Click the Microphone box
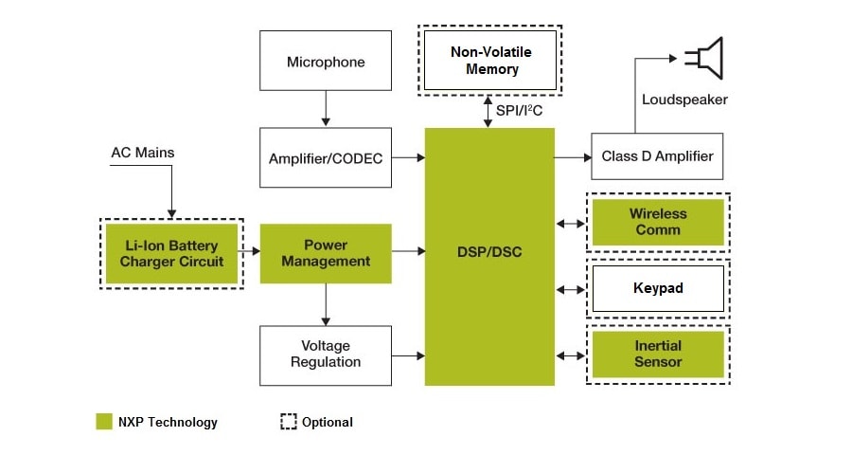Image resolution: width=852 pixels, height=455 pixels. coord(326,62)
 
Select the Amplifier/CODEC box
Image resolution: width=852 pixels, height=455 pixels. coord(326,158)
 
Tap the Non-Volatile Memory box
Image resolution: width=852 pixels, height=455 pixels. coord(491,61)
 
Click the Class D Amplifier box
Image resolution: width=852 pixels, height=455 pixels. coord(657,156)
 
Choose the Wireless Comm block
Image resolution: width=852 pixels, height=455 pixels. coord(658,222)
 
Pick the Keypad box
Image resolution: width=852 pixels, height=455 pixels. coord(658,287)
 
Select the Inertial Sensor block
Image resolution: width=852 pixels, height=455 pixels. coord(658,354)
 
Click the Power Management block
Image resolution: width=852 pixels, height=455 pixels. coord(326,253)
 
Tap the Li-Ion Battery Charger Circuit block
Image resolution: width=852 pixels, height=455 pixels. coord(171,253)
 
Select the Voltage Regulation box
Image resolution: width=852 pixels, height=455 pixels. coord(326,355)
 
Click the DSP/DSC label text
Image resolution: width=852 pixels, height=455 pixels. coord(489,253)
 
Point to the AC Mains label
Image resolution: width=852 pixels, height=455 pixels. coord(143,153)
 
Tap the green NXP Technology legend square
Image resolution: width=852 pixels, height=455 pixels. coord(104,422)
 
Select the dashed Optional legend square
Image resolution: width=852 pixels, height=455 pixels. coord(289,422)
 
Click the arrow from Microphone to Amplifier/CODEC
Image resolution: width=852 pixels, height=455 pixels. coord(326,108)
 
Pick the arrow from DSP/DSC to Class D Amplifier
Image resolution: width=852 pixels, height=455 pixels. coord(572,156)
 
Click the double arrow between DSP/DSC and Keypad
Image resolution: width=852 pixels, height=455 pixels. coord(572,288)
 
